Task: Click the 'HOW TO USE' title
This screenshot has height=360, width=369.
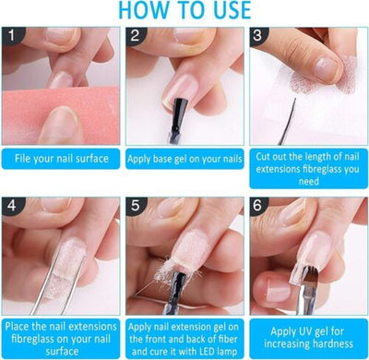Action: click(x=184, y=10)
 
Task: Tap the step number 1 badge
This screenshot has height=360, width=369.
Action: click(x=12, y=35)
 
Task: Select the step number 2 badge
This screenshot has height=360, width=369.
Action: click(x=136, y=35)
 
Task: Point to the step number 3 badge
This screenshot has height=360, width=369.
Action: click(x=258, y=35)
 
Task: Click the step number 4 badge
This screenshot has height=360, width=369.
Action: click(x=12, y=206)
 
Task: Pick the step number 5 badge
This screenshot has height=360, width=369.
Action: click(x=136, y=206)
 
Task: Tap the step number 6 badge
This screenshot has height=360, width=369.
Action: click(x=258, y=206)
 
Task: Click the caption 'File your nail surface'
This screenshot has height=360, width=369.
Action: click(x=62, y=159)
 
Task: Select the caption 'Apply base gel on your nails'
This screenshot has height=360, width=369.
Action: click(x=184, y=159)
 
